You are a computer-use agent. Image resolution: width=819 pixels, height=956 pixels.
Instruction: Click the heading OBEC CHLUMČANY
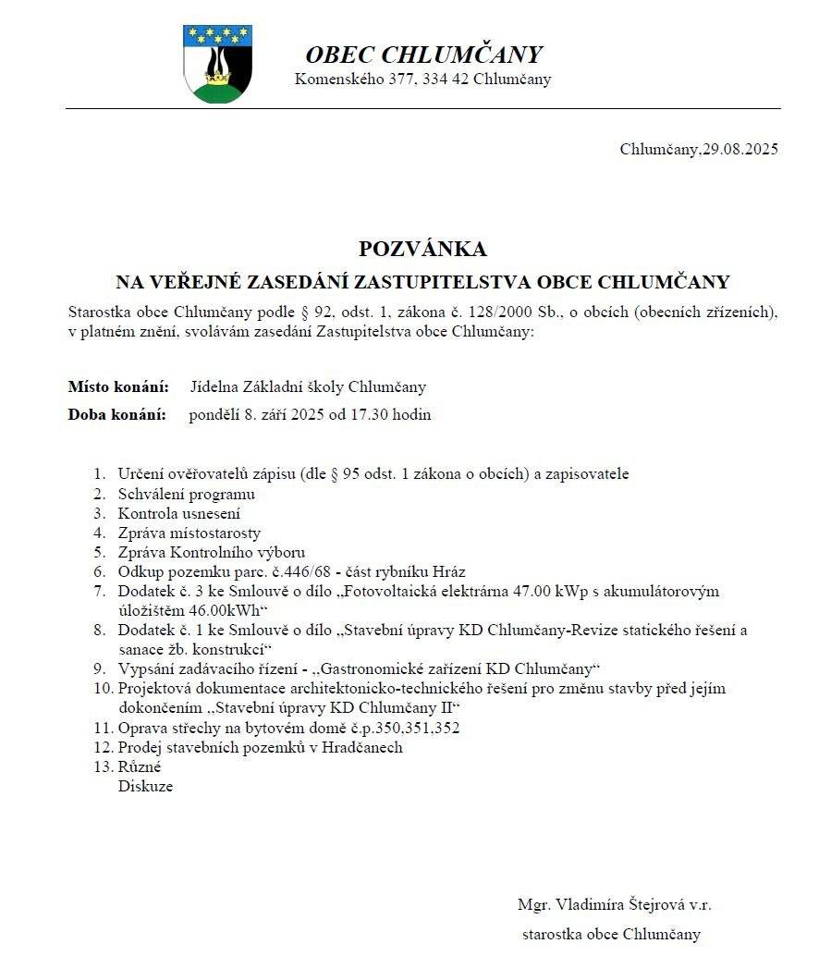coord(423,55)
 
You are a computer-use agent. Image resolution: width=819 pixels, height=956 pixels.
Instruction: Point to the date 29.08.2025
coord(740,149)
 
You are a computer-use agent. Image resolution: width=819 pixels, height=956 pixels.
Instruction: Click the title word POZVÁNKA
coord(422,249)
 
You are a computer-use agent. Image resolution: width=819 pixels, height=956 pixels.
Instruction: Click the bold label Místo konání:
coord(117,386)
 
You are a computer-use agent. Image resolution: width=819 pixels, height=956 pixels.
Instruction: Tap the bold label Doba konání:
coord(117,414)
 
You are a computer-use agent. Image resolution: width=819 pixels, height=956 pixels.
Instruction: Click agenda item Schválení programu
coord(186,494)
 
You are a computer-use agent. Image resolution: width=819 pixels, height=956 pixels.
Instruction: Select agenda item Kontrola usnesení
coord(178,513)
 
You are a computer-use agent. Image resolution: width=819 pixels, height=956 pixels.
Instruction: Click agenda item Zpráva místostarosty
coord(189,533)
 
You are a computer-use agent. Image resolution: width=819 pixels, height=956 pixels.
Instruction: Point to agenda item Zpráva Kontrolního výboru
coord(211,552)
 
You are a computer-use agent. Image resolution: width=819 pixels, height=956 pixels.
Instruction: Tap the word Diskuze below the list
coord(145,786)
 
